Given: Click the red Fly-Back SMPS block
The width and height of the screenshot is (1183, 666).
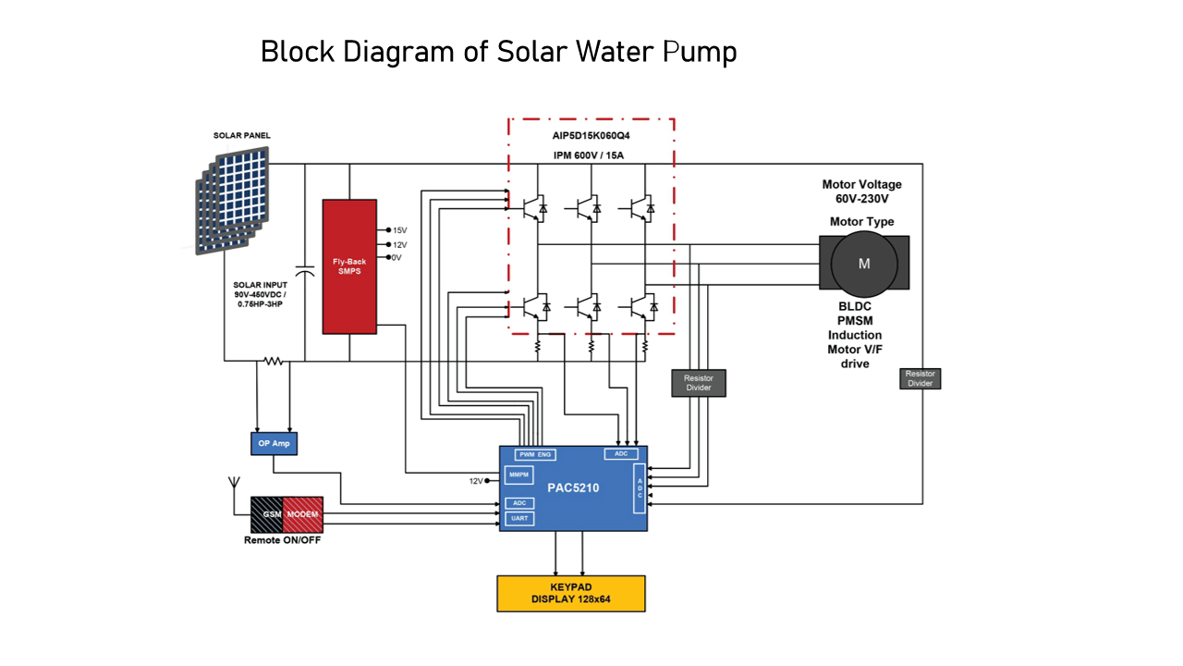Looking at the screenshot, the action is click(x=349, y=266).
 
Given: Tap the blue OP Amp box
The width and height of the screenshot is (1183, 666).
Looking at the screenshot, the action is click(x=274, y=443).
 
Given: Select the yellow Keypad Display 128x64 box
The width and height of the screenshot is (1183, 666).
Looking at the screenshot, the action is click(x=571, y=594).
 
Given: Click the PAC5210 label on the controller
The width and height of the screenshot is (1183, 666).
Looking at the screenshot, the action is click(x=573, y=487).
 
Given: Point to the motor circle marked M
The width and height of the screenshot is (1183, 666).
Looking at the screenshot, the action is click(x=864, y=264).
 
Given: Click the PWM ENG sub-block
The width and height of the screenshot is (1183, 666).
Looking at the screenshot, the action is click(x=535, y=454).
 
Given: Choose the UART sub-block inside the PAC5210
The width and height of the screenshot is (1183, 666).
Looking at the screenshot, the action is click(x=519, y=519).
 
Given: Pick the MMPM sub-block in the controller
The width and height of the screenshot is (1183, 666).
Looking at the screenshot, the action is click(x=518, y=475).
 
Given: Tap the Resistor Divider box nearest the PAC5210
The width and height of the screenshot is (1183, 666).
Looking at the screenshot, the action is click(x=698, y=383).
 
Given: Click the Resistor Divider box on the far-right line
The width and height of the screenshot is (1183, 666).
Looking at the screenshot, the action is click(x=920, y=378).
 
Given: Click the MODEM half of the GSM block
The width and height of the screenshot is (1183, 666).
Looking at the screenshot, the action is click(x=302, y=514).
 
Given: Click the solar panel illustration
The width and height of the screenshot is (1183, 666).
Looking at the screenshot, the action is click(x=232, y=201).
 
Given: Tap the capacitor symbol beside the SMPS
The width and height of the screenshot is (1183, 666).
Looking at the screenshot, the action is click(x=305, y=271).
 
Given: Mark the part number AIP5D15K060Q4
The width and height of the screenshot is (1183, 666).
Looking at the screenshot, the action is click(x=591, y=136).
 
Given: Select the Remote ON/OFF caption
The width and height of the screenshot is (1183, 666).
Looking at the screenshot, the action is click(x=282, y=540).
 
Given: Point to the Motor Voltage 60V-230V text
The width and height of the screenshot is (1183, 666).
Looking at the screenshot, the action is click(x=862, y=191).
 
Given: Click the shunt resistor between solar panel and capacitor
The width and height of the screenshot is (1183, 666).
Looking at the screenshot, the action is click(x=273, y=361).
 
